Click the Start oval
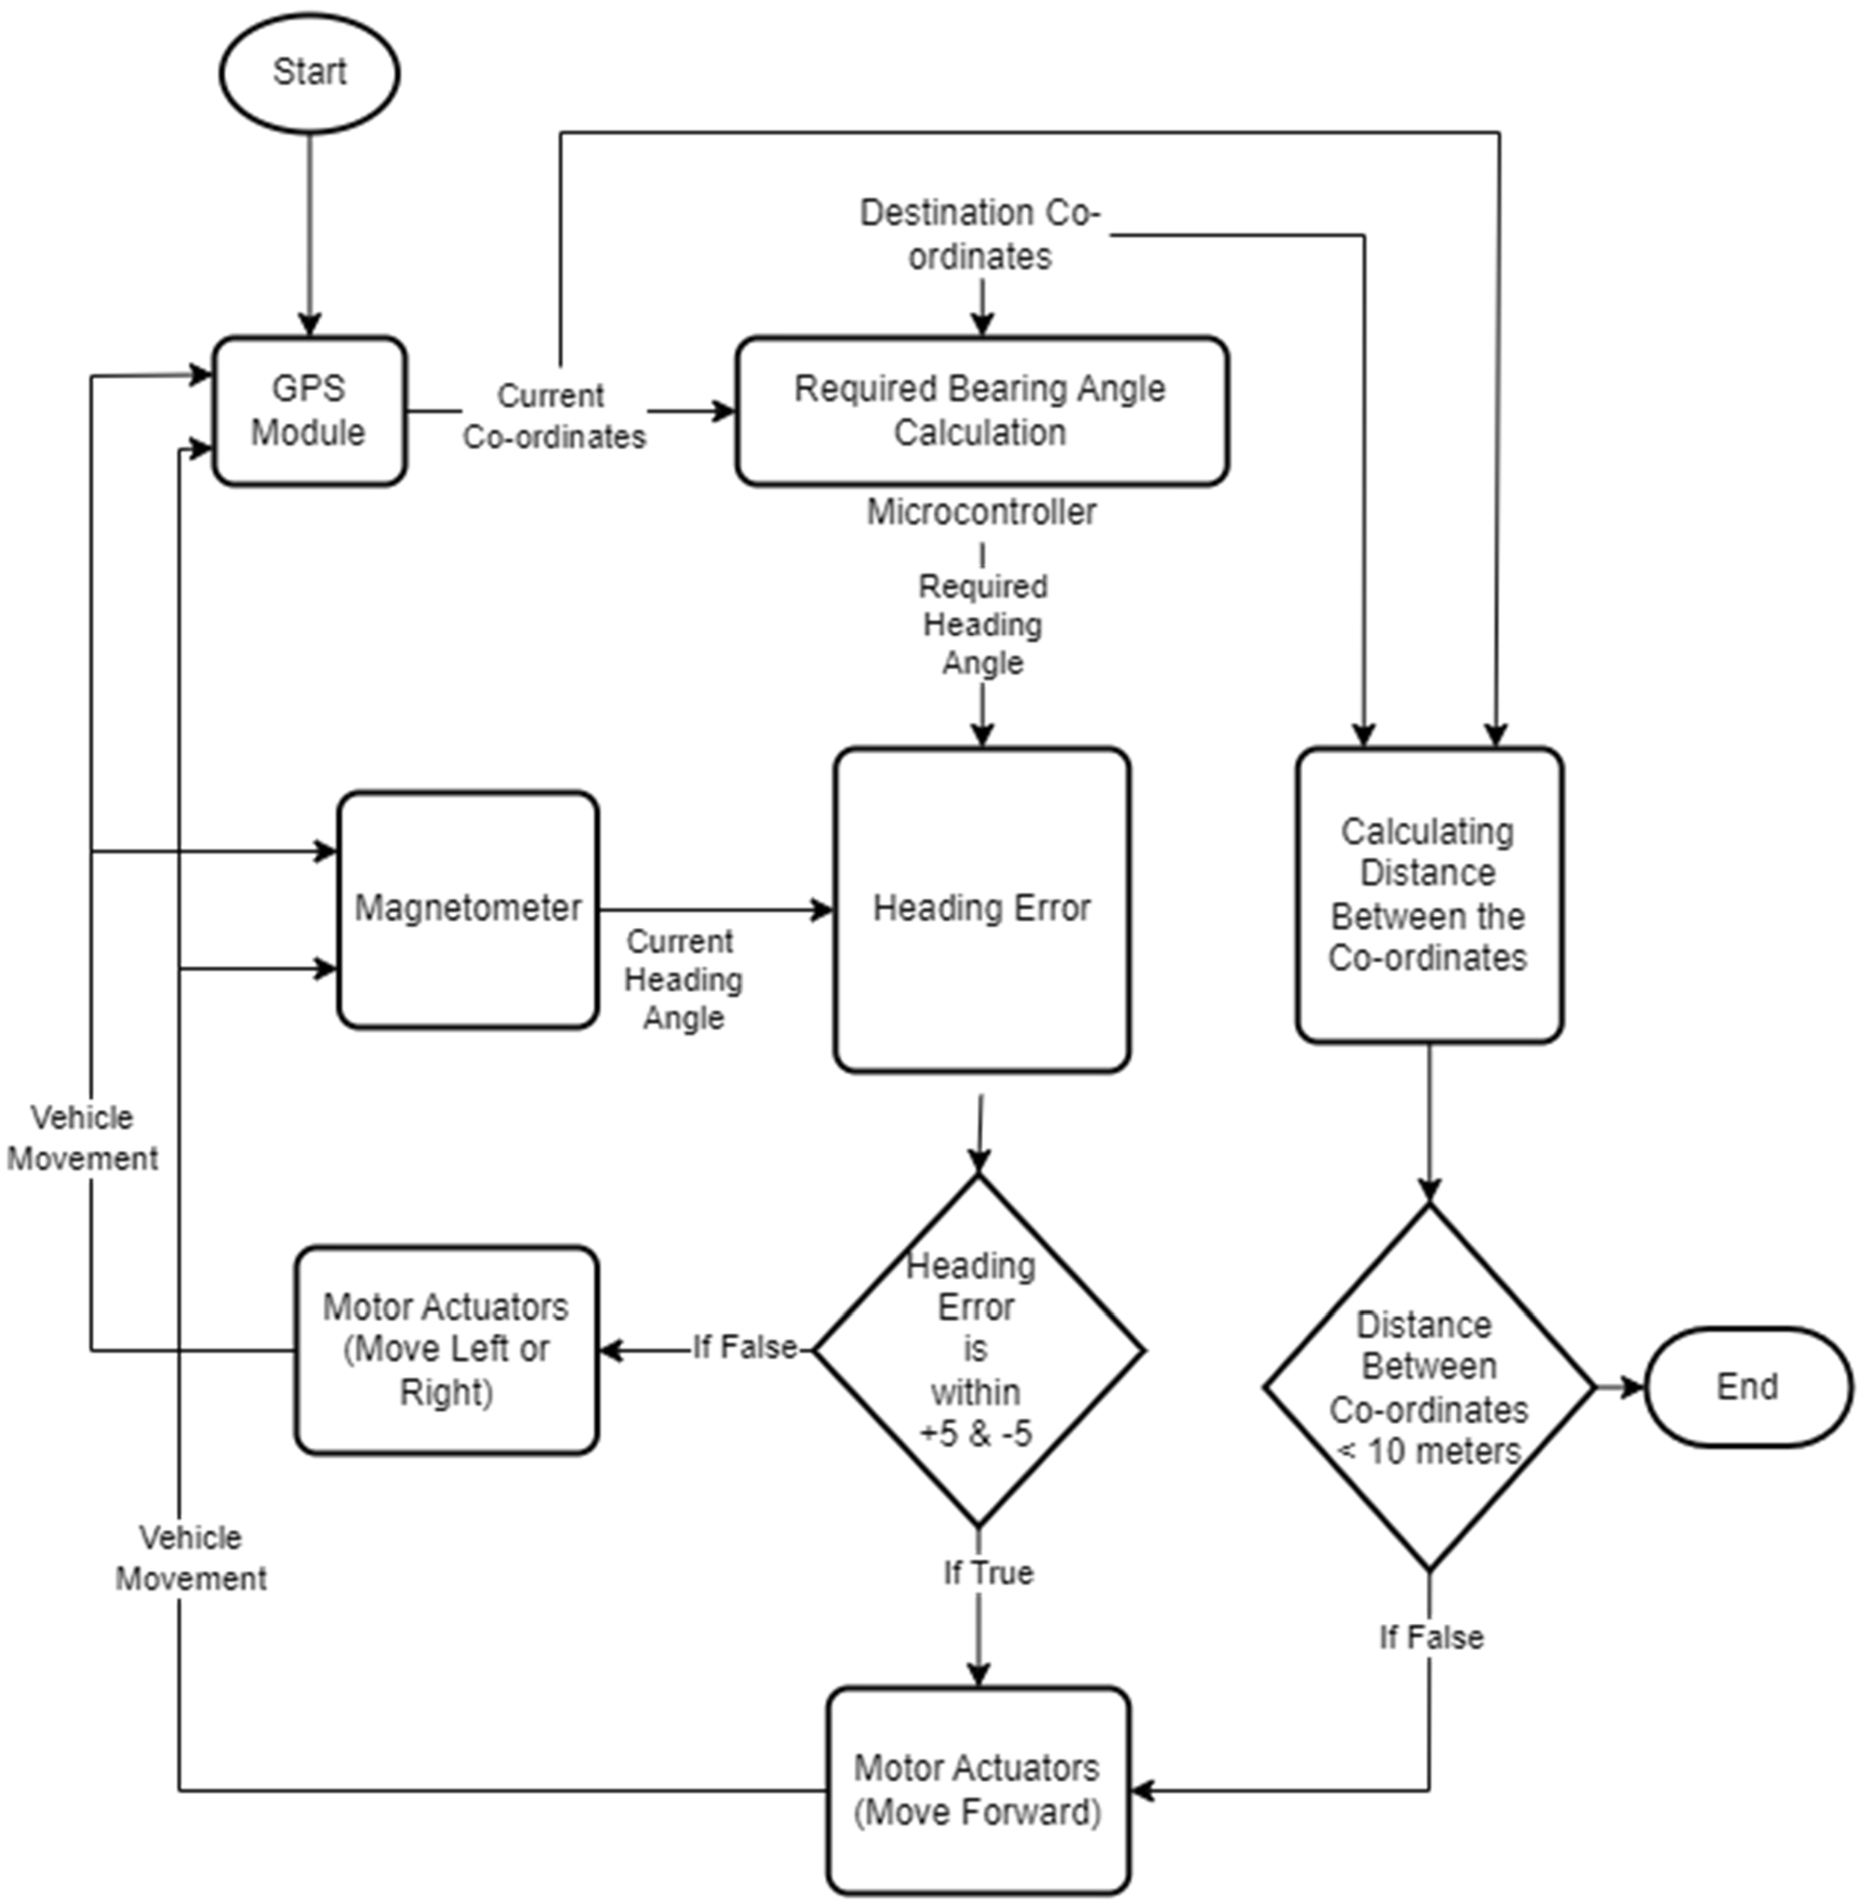[309, 72]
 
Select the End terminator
[1748, 1387]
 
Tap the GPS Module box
[309, 411]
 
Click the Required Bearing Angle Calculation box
[981, 411]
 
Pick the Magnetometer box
[468, 908]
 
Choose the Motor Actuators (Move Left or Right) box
[446, 1349]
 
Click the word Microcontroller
[981, 511]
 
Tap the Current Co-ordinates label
[553, 416]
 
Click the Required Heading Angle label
[982, 624]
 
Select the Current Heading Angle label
[683, 979]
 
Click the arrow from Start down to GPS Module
[310, 235]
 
